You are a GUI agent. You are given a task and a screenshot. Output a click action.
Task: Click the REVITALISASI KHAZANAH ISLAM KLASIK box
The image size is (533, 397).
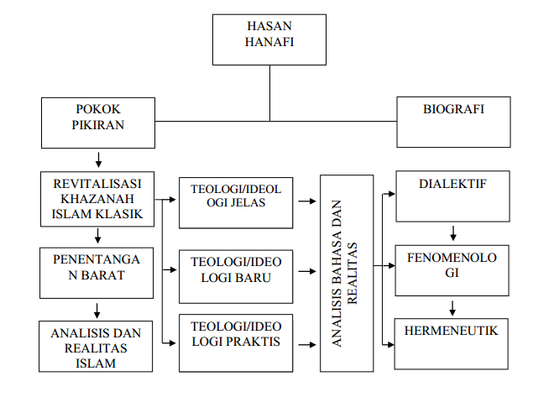(x=97, y=199)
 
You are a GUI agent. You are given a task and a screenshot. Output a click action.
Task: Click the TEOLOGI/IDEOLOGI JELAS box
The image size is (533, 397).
(x=234, y=202)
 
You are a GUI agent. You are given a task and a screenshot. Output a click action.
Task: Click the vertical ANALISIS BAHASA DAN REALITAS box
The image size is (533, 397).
(x=347, y=274)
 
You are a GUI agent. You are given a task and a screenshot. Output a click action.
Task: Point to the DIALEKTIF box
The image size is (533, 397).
(x=452, y=198)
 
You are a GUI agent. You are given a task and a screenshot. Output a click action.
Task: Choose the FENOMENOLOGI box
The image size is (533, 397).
(x=452, y=269)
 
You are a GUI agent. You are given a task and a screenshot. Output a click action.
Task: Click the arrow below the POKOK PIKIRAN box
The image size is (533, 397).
(x=99, y=158)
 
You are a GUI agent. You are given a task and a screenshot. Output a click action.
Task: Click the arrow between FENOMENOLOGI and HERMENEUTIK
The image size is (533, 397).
(x=452, y=306)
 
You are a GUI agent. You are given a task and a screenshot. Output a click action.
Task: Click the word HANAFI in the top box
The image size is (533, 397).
(x=269, y=46)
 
